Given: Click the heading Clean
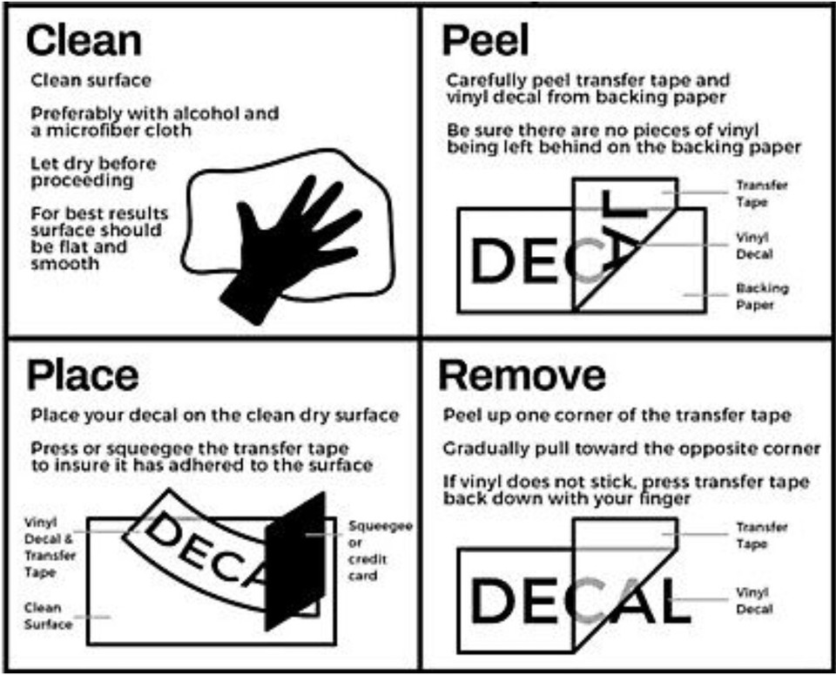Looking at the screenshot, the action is tap(84, 41).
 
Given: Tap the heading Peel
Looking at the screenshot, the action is tap(485, 40).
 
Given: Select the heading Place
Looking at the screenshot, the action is tap(83, 375).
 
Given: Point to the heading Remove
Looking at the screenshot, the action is tap(522, 375).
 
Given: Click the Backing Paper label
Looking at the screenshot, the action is tap(762, 296).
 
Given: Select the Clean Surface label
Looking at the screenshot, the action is tap(48, 616).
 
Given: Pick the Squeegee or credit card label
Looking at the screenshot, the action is tap(381, 550).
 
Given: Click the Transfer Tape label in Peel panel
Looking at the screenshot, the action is tap(762, 193).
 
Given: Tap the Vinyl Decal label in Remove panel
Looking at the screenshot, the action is tap(754, 600).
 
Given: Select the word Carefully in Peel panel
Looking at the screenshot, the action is tap(486, 81).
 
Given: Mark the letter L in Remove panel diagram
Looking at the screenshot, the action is tap(672, 601).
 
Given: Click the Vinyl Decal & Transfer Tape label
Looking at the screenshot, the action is tap(51, 547).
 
